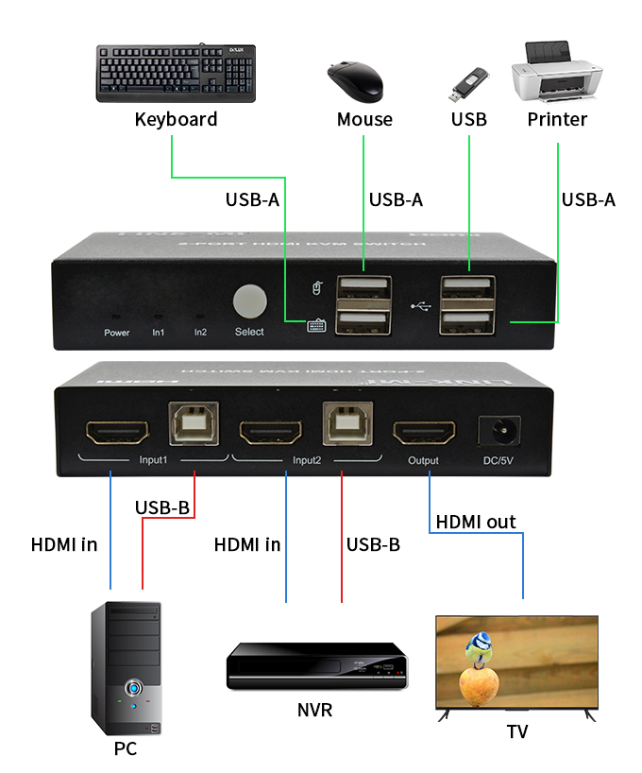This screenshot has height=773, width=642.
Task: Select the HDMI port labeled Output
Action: pyautogui.click(x=424, y=434)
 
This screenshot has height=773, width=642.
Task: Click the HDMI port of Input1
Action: pyautogui.click(x=115, y=434)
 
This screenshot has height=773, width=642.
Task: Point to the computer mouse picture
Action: pyautogui.click(x=355, y=81)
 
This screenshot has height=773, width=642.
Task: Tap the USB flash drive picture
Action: pyautogui.click(x=468, y=85)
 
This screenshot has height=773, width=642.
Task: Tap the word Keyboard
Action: pyautogui.click(x=176, y=119)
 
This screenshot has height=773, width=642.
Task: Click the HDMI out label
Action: pyautogui.click(x=475, y=522)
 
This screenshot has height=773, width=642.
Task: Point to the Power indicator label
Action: pyautogui.click(x=117, y=333)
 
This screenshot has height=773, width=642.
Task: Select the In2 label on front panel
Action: pyautogui.click(x=200, y=333)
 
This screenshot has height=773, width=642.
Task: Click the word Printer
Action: pyautogui.click(x=557, y=119)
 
